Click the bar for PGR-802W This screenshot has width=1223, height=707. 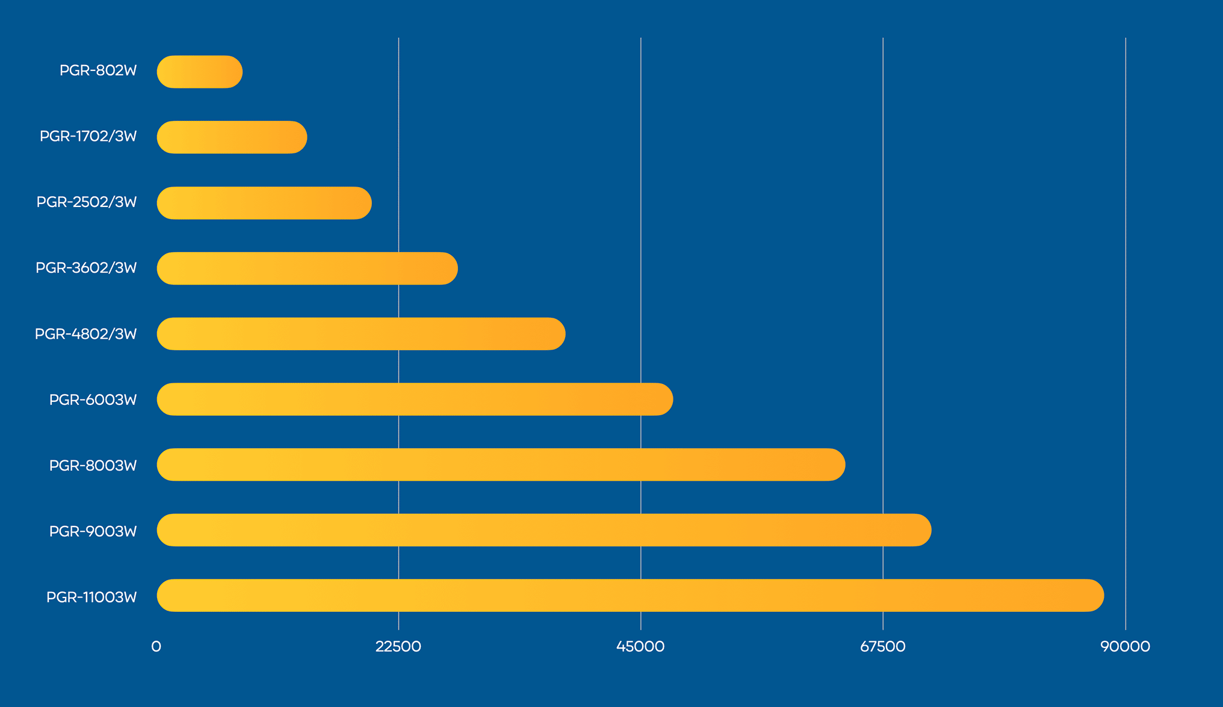(200, 72)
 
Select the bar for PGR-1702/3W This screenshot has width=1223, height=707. (232, 137)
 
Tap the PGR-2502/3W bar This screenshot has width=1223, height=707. (264, 203)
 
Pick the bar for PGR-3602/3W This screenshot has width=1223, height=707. (307, 268)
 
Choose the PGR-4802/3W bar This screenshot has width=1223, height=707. (361, 334)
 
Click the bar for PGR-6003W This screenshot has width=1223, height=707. (415, 399)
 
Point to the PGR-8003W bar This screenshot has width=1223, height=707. (501, 465)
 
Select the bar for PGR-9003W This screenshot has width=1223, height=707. (544, 530)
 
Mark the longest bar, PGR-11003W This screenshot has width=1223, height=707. (630, 596)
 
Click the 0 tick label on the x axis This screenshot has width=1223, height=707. (156, 647)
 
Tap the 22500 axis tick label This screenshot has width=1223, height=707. (398, 647)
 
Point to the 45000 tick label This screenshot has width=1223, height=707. (640, 647)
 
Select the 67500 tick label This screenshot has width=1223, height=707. (883, 647)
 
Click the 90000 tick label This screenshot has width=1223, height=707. (1125, 647)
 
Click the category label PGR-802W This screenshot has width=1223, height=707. (98, 71)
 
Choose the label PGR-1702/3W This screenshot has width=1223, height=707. (88, 137)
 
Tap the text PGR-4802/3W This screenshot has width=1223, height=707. (86, 334)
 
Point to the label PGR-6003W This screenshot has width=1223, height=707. (93, 400)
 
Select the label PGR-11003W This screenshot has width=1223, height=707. (91, 597)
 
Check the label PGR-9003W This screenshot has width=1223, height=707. (93, 531)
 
